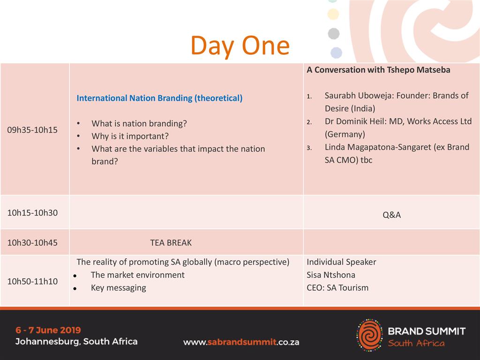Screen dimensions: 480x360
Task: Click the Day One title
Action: [240, 45]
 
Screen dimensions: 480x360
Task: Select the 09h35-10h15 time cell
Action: [32, 130]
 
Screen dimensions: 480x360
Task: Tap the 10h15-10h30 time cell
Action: [32, 213]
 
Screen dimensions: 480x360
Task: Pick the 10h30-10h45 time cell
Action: [32, 243]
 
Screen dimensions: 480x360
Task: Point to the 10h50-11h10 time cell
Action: [32, 281]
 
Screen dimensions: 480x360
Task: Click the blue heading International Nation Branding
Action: [159, 98]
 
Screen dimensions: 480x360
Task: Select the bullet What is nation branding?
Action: [139, 123]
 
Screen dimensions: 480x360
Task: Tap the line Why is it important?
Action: [130, 136]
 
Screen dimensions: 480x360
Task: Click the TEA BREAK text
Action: [171, 243]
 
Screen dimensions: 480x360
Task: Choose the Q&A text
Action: [391, 215]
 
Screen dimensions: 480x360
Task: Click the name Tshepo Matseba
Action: [419, 70]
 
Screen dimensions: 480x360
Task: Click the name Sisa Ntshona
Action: [331, 275]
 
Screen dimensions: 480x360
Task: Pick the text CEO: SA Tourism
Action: [337, 288]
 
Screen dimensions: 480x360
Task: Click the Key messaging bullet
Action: [119, 288]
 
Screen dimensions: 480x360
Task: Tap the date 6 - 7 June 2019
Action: [48, 330]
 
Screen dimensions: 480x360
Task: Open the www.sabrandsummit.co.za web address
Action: [241, 342]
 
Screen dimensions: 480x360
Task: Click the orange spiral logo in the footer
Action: [370, 335]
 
